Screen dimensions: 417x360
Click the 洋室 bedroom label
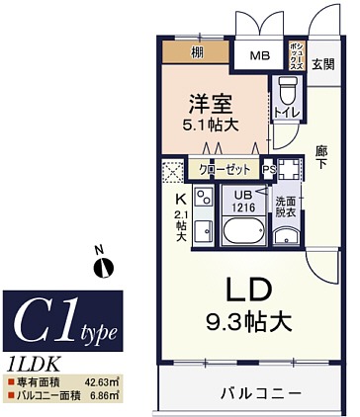click(x=212, y=102)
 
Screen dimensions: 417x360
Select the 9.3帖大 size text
click(x=244, y=321)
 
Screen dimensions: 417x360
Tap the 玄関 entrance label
click(x=323, y=65)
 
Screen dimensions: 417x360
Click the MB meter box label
click(x=258, y=56)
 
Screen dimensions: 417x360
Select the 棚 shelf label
click(x=198, y=51)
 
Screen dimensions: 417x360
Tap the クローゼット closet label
click(x=224, y=169)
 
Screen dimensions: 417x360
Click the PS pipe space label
click(x=268, y=169)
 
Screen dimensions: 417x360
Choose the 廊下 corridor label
click(x=321, y=158)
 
